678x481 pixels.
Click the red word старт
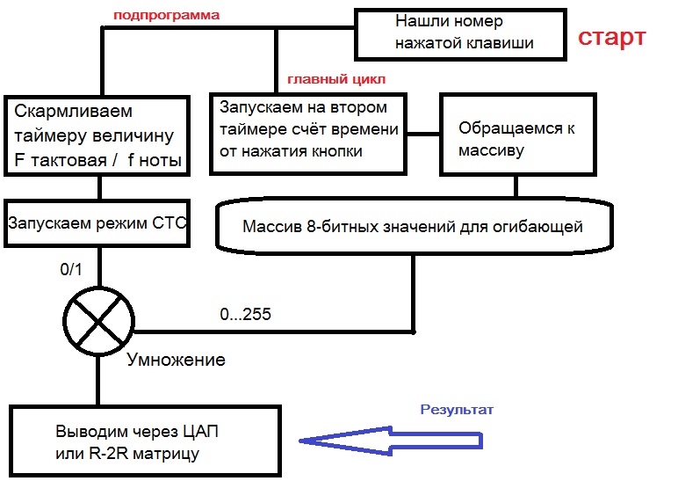click(x=611, y=38)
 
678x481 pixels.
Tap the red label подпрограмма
click(x=166, y=16)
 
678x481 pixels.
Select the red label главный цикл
click(x=336, y=79)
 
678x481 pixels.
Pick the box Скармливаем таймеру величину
click(x=97, y=135)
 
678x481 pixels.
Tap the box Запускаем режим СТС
click(x=97, y=222)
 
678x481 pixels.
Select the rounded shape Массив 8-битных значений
click(x=412, y=228)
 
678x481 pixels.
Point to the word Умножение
click(x=176, y=360)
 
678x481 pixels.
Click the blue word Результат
click(x=457, y=410)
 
